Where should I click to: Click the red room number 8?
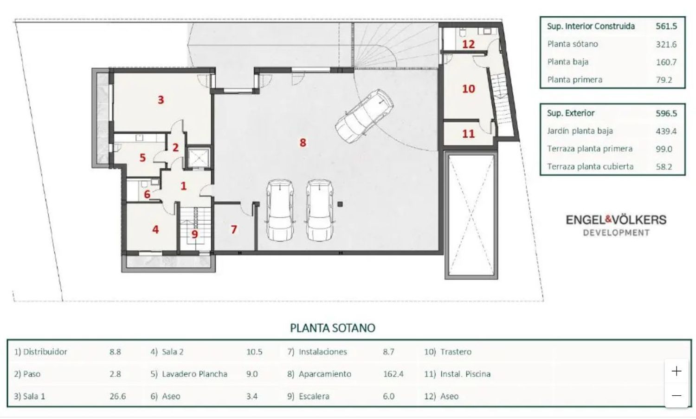tap(303, 143)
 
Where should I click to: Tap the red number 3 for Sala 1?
tap(161, 100)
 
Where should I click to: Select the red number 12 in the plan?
tap(468, 44)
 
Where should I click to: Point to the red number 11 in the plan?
tap(468, 134)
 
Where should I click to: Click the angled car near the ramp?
tap(364, 116)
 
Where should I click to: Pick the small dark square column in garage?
tap(340, 204)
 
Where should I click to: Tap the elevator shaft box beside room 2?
tap(198, 158)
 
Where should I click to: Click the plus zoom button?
tap(677, 371)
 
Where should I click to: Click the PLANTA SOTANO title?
tap(333, 328)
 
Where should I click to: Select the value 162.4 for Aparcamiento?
tap(393, 373)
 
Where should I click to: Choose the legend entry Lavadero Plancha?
tap(194, 373)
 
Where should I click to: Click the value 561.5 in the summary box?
tap(666, 26)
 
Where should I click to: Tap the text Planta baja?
tap(568, 62)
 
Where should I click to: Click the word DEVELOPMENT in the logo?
tap(616, 233)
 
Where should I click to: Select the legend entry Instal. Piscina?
tap(465, 373)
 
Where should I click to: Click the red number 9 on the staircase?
tap(194, 234)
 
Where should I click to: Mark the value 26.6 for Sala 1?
tap(118, 396)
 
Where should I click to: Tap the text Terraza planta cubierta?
tap(590, 167)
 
